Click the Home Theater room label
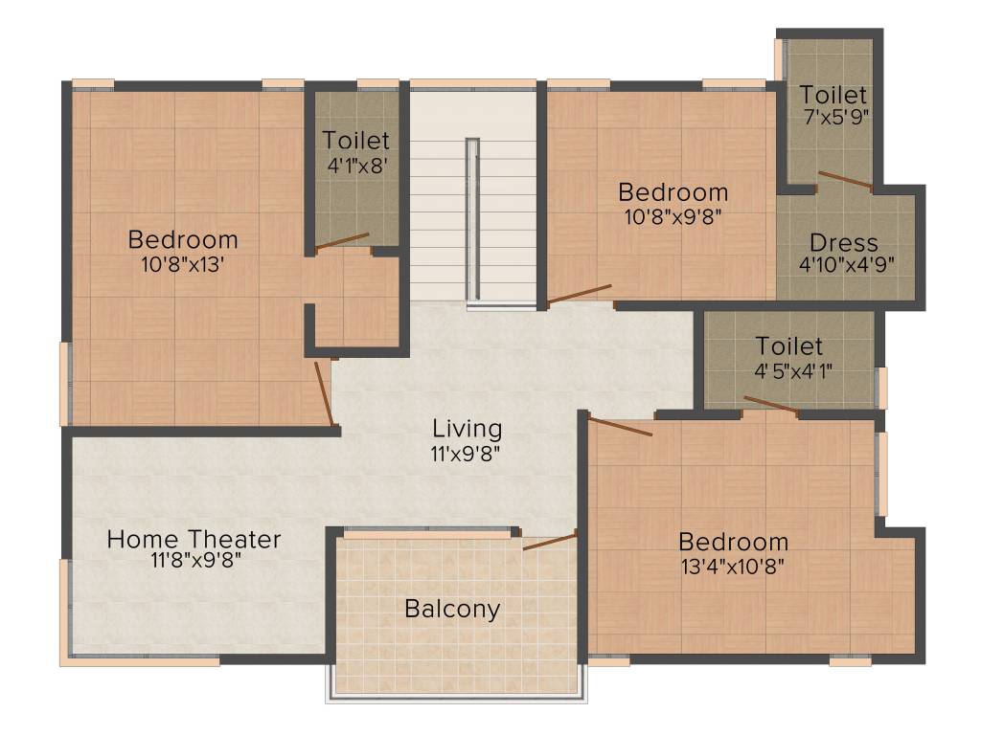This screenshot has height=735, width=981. click(194, 539)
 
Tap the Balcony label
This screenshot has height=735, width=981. click(452, 609)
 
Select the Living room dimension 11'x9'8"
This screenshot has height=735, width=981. click(467, 452)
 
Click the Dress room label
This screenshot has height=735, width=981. click(843, 242)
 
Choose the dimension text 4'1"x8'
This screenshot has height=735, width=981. click(356, 165)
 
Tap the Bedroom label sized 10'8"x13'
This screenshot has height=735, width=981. click(183, 239)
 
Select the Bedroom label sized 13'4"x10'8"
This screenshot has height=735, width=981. click(733, 542)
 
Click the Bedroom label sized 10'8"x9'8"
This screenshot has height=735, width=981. click(673, 191)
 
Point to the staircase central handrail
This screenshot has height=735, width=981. click(472, 220)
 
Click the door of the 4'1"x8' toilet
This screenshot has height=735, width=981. click(342, 241)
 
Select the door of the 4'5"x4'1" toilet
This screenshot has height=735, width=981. click(771, 405)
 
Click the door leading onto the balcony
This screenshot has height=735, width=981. click(550, 542)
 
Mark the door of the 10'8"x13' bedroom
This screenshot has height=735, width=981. click(324, 393)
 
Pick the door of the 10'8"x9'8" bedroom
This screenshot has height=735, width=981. click(579, 294)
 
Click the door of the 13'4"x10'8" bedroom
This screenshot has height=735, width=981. click(620, 427)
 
